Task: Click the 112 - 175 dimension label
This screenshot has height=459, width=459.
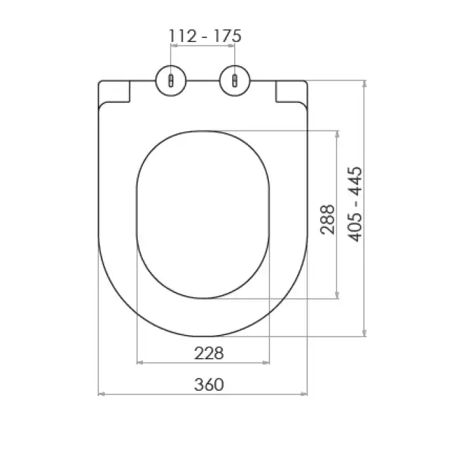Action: click(205, 36)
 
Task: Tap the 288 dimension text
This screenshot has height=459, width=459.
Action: click(328, 220)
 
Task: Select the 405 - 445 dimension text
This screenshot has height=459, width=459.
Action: click(355, 205)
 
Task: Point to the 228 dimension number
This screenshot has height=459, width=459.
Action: click(209, 353)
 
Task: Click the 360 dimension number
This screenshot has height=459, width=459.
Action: click(209, 385)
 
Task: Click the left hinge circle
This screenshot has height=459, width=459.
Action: click(171, 81)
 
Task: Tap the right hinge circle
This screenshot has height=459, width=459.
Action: click(235, 81)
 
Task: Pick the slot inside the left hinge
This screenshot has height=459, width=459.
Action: click(171, 81)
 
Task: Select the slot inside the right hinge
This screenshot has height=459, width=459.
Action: click(235, 81)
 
